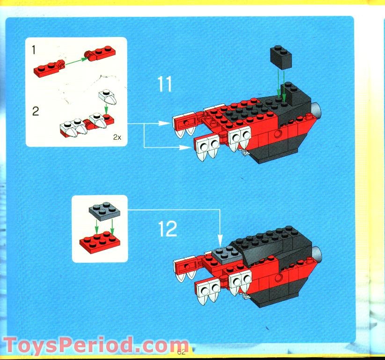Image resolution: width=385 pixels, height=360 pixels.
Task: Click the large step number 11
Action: point(165,85)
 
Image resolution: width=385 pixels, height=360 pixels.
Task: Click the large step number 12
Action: point(167,229)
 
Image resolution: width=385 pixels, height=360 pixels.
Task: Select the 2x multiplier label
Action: point(116,137)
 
